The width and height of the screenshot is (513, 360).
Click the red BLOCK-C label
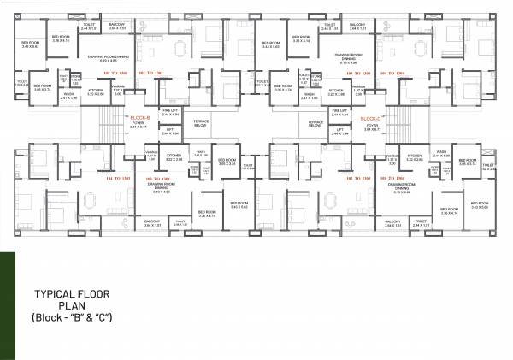(x=370, y=117)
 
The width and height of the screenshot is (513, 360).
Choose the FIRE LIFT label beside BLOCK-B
(x=169, y=111)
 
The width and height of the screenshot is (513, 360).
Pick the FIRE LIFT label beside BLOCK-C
(x=339, y=111)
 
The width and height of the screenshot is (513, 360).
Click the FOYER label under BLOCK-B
(x=138, y=126)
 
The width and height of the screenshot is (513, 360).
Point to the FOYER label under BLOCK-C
(x=371, y=126)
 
